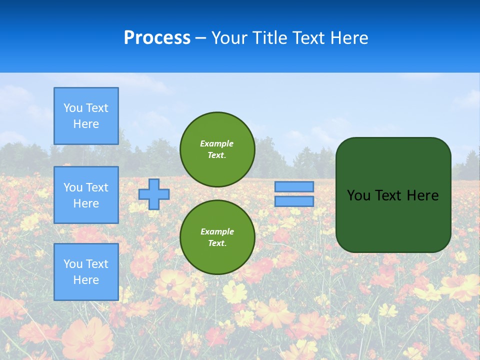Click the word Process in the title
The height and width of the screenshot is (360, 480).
point(157,38)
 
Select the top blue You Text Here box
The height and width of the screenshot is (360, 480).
point(86,116)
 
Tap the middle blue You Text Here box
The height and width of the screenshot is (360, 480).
point(86,195)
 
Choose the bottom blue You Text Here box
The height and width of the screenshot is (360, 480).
point(86,272)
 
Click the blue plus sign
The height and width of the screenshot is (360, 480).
point(154,194)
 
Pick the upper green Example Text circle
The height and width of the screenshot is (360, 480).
point(217,149)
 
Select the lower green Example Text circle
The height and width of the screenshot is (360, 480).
point(217,237)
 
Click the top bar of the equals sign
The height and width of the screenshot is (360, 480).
point(294,186)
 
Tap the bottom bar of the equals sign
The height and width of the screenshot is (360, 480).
point(294,201)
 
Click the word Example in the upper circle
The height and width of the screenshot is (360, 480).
point(217,143)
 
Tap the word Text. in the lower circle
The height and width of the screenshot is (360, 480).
point(217,243)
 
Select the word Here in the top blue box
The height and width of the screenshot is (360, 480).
point(86,124)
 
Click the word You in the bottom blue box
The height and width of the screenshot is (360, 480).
point(73,264)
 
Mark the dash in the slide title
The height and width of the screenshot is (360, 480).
point(200,38)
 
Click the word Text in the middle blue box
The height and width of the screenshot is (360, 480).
point(96,187)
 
